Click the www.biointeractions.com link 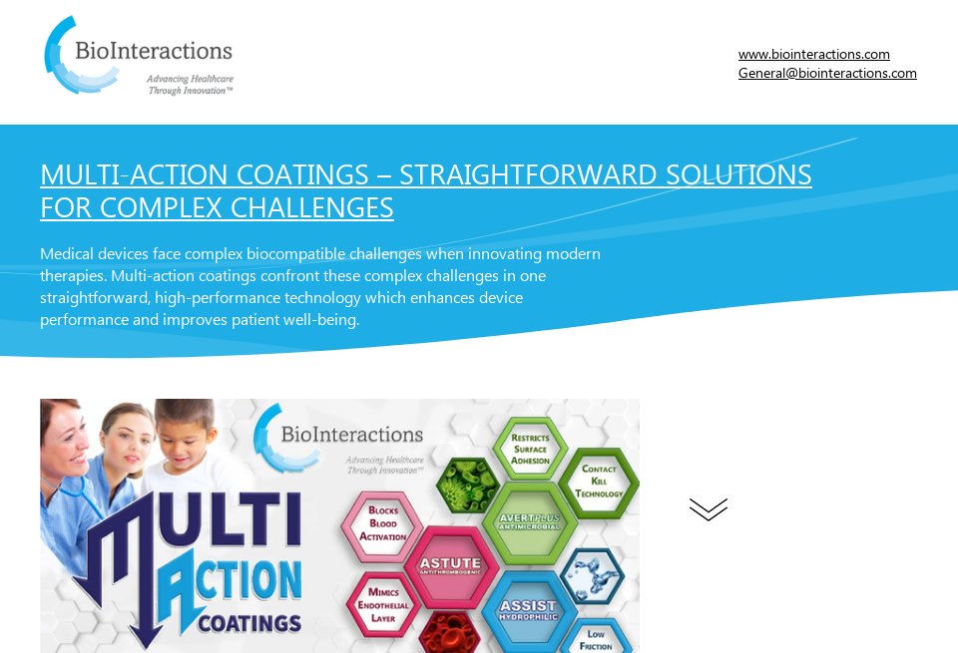(x=813, y=54)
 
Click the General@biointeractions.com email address (x=827, y=73)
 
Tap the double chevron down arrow (x=708, y=509)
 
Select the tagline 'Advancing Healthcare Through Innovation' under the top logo (x=190, y=84)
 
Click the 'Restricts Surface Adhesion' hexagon (x=529, y=450)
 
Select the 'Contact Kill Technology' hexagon (x=599, y=481)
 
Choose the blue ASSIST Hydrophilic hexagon (x=528, y=609)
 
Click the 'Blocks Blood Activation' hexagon (x=383, y=524)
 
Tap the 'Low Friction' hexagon (x=596, y=638)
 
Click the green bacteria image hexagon (x=468, y=485)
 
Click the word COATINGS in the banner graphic (x=249, y=624)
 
